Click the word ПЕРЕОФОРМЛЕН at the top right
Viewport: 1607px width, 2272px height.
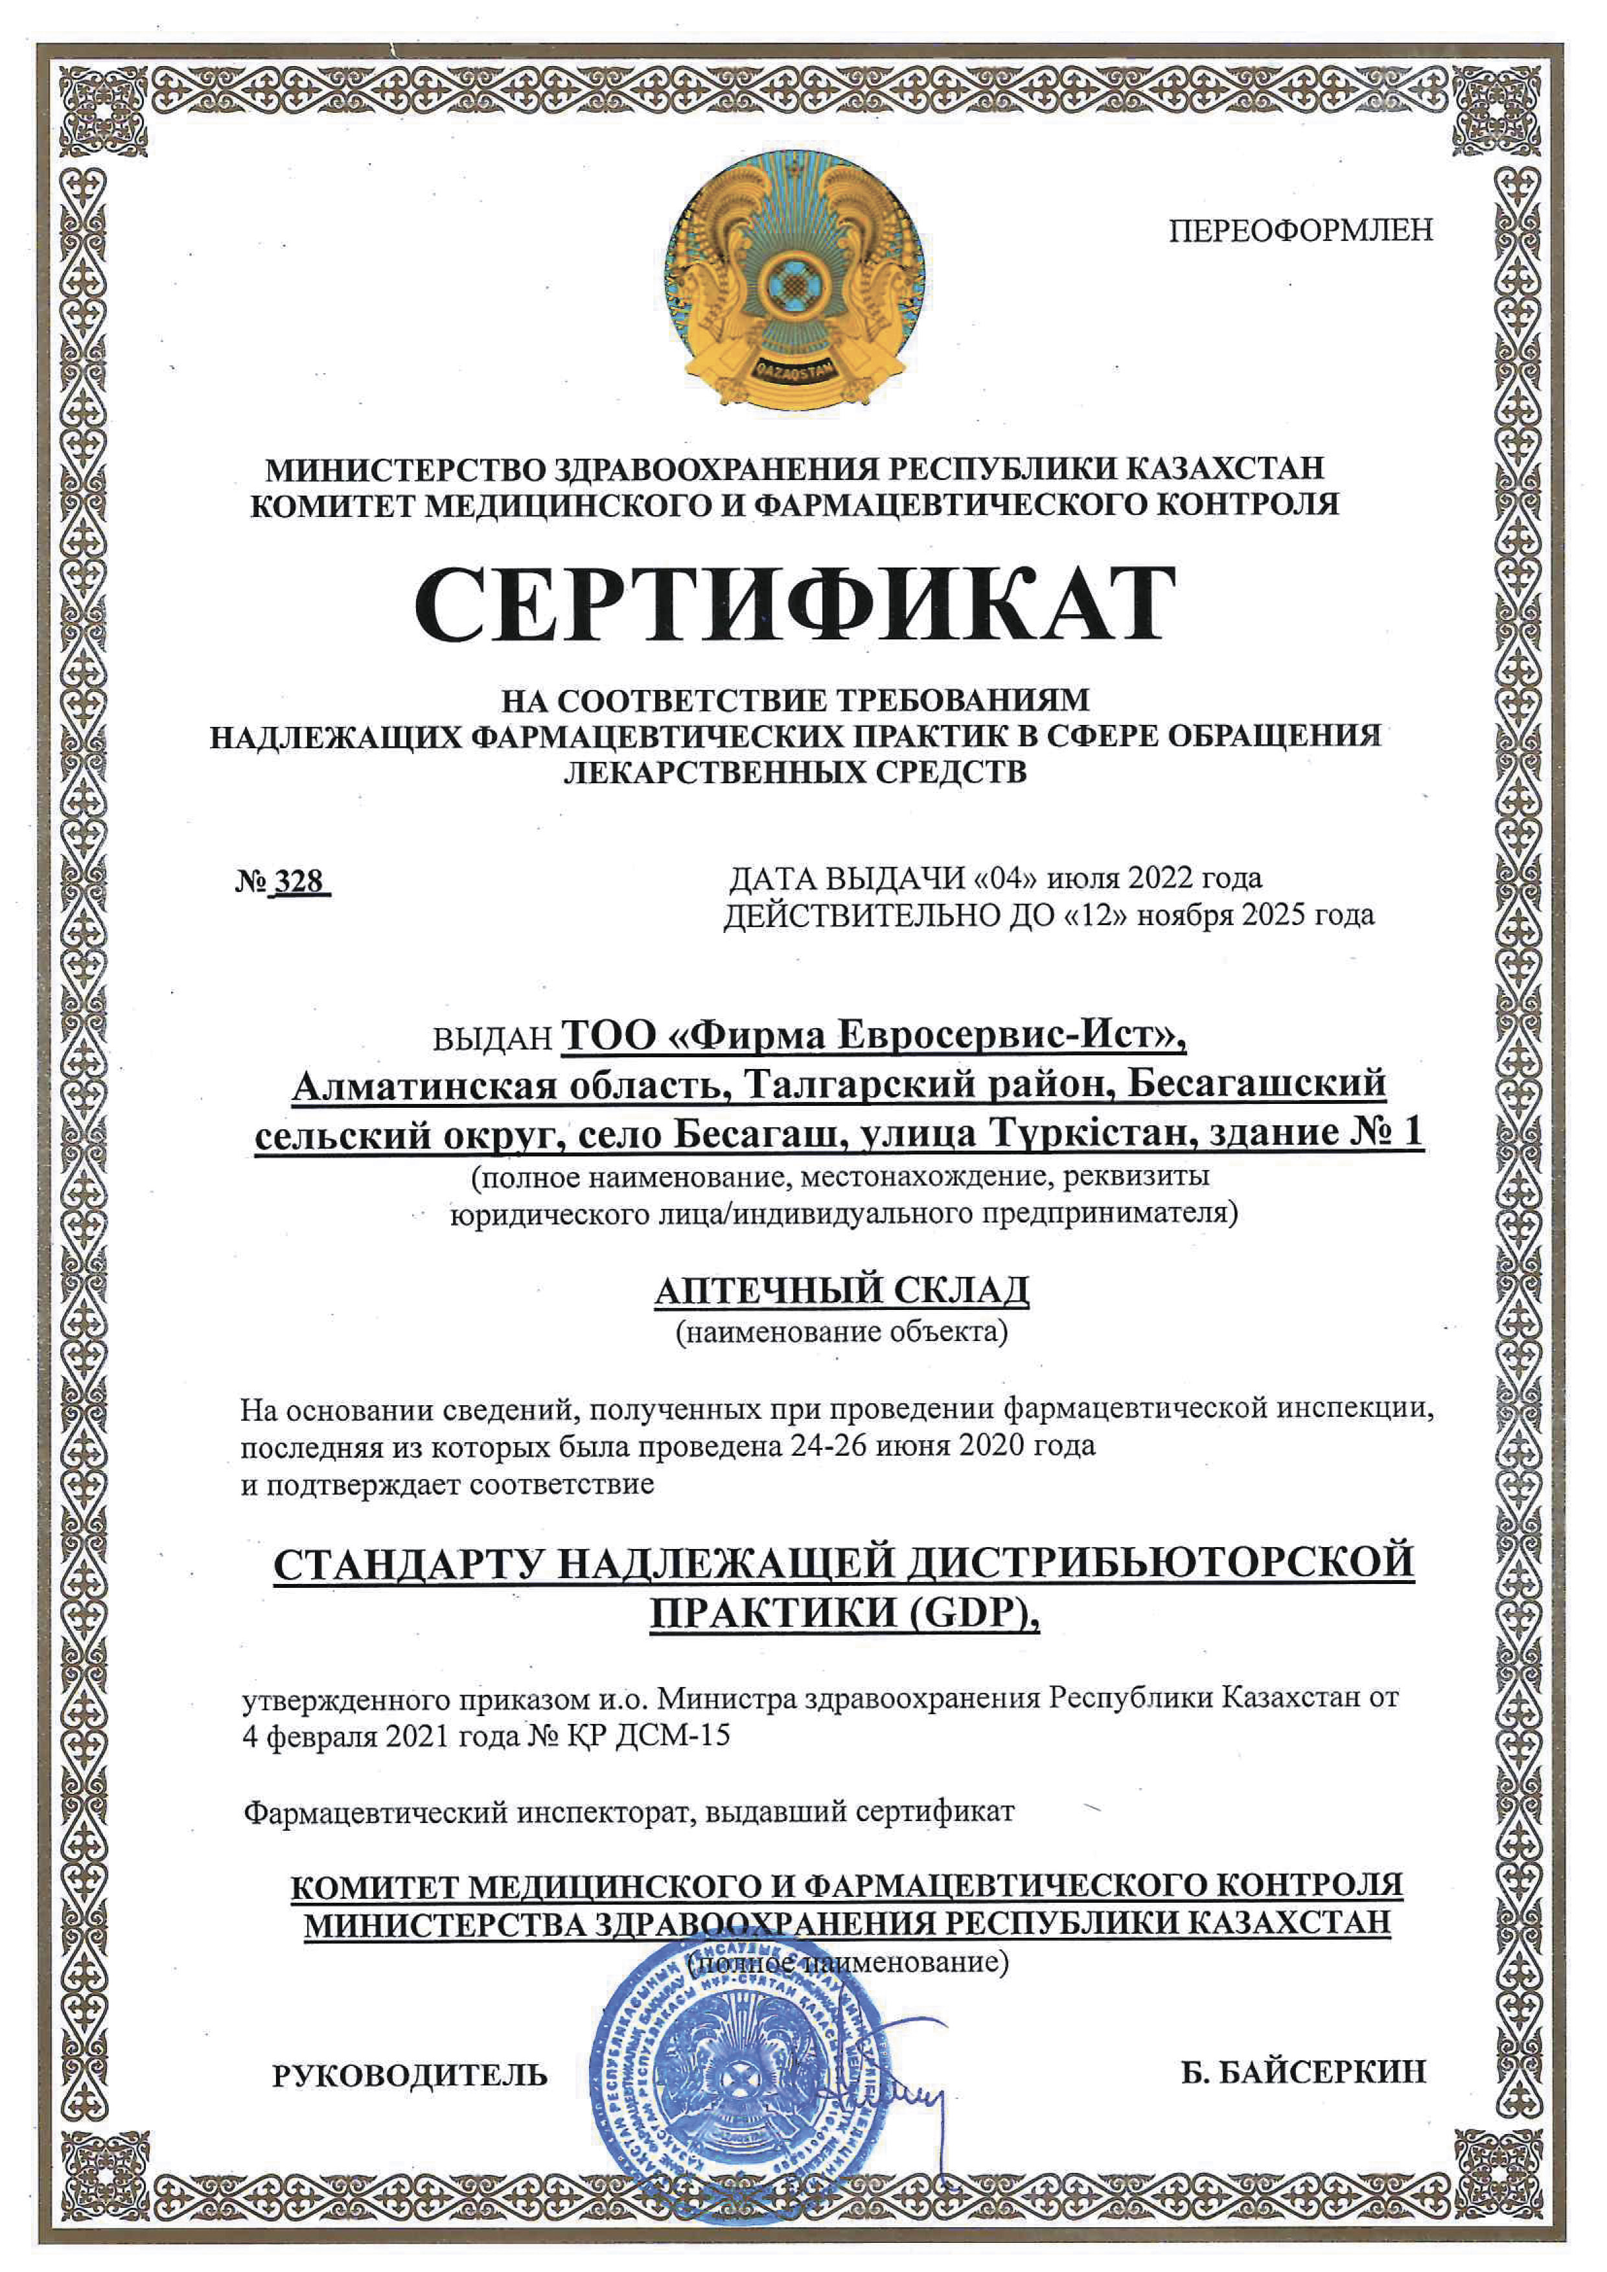click(x=1301, y=231)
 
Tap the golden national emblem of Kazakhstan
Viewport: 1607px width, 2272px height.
click(x=794, y=282)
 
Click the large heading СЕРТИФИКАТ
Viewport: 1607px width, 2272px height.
click(x=794, y=606)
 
